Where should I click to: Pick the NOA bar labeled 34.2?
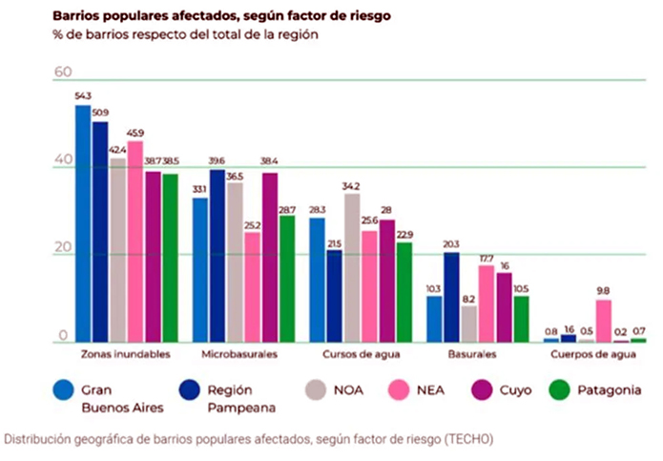pyautogui.click(x=352, y=267)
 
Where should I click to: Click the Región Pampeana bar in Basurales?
pyautogui.click(x=451, y=297)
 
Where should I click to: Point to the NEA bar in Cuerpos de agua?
pyautogui.click(x=603, y=321)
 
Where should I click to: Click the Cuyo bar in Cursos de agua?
pyautogui.click(x=387, y=281)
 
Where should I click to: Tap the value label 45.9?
pyautogui.click(x=135, y=133)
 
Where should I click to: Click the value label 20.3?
pyautogui.click(x=451, y=243)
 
